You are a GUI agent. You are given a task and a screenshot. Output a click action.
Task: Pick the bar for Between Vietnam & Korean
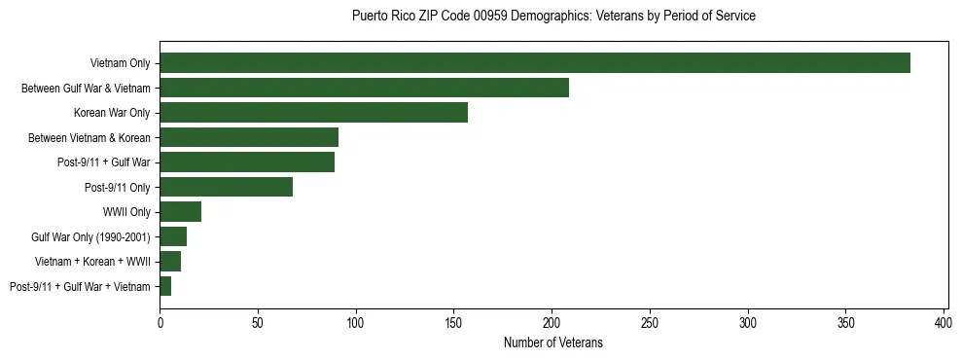click(249, 137)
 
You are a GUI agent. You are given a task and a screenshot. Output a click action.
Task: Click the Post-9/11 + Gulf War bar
click(247, 162)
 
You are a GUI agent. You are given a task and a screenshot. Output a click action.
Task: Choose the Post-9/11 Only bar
click(226, 187)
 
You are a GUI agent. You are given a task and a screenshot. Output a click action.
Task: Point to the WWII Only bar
click(180, 212)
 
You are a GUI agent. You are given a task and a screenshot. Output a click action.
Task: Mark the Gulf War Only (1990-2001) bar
click(173, 236)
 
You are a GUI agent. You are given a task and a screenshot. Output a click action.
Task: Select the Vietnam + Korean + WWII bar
click(170, 262)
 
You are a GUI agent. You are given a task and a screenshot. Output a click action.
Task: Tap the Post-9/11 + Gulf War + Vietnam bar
click(165, 286)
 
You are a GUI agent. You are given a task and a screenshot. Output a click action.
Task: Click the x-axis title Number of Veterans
click(553, 343)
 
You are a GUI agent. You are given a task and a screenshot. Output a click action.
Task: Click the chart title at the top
click(553, 17)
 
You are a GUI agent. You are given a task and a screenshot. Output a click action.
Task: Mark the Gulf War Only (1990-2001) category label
click(90, 236)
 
